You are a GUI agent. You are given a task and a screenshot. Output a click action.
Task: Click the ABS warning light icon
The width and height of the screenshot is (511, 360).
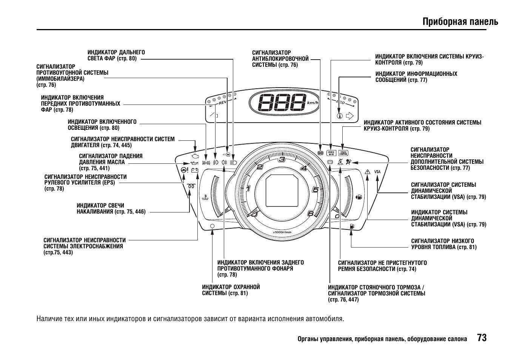(x=320, y=153)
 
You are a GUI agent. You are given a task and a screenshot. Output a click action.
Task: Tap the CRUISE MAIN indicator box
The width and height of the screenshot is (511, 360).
(x=331, y=153)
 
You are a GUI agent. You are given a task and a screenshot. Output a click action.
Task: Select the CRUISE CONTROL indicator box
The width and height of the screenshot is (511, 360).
(x=343, y=153)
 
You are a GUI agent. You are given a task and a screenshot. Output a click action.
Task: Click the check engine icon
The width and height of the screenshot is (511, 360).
(x=195, y=155)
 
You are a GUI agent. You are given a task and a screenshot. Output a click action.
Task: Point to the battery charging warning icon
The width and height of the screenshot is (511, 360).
(x=195, y=170)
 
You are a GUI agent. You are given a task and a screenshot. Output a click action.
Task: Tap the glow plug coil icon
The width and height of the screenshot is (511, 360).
(x=191, y=186)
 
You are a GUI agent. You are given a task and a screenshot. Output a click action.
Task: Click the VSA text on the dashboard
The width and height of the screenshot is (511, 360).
(x=377, y=172)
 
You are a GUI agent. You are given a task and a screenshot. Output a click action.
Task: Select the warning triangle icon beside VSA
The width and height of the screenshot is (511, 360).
(x=368, y=172)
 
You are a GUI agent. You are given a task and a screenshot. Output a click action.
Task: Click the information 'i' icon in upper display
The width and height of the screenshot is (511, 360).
(x=340, y=116)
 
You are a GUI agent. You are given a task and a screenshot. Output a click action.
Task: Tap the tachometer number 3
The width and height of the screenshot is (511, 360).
(x=282, y=159)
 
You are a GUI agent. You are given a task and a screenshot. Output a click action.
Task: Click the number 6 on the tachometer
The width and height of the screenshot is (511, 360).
(x=311, y=214)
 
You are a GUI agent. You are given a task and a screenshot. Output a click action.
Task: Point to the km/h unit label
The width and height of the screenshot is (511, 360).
(x=312, y=103)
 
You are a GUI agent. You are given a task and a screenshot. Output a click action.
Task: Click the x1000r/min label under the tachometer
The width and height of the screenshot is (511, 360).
(x=282, y=232)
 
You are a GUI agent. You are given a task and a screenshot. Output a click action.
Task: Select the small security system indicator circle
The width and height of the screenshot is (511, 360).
(x=212, y=226)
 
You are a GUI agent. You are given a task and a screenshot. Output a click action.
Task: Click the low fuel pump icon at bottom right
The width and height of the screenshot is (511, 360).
(x=352, y=226)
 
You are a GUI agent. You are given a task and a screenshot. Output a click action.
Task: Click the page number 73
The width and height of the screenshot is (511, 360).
(x=482, y=338)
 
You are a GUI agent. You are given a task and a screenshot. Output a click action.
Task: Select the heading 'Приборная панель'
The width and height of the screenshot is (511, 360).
(x=460, y=22)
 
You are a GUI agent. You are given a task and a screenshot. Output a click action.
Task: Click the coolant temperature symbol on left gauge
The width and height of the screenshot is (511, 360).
(x=205, y=197)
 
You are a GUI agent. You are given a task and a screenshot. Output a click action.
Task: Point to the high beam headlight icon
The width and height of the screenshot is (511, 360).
(x=233, y=163)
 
